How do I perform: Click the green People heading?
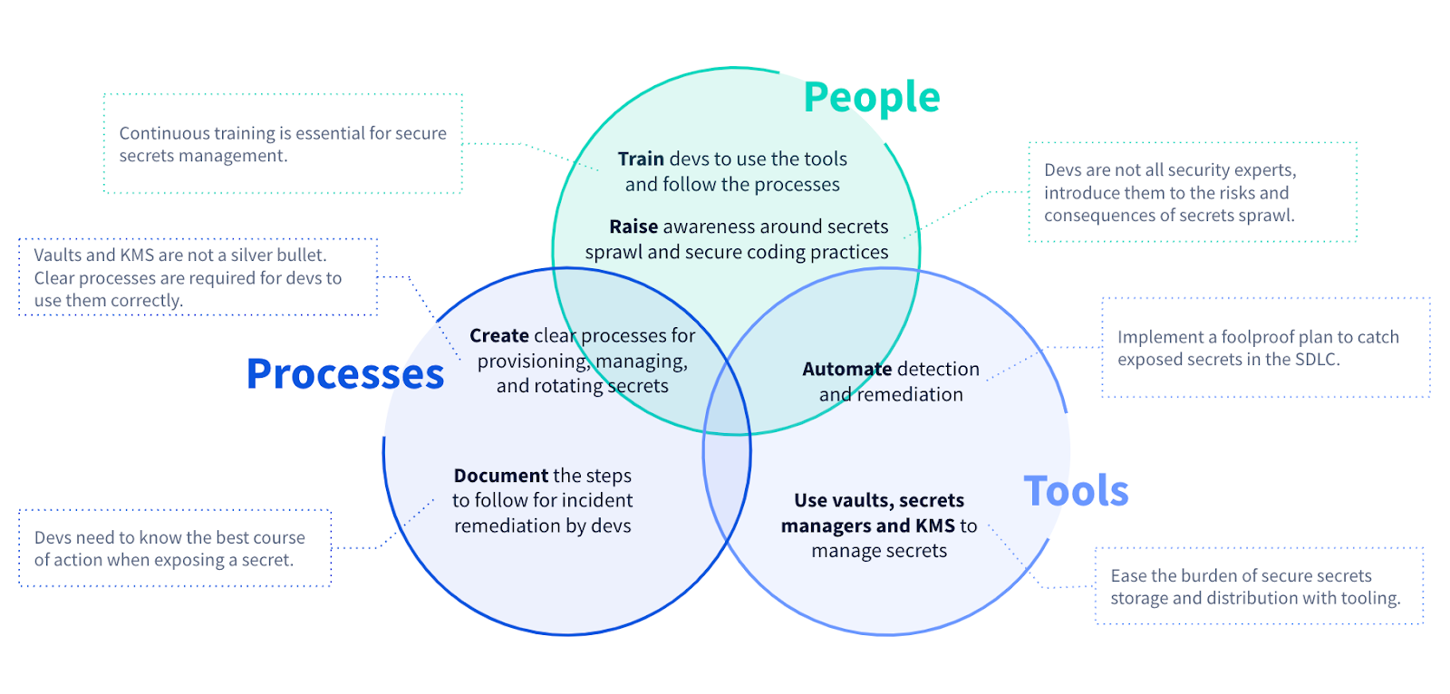click(871, 98)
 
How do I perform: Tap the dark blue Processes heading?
click(345, 374)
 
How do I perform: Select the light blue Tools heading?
click(1076, 491)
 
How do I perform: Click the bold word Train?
click(641, 159)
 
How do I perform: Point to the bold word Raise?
click(633, 227)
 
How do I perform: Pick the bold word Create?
click(498, 336)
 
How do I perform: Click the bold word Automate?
click(846, 370)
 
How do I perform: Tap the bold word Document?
click(500, 476)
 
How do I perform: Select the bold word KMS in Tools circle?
click(934, 526)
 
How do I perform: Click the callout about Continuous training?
click(283, 144)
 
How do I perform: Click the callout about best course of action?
click(174, 548)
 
